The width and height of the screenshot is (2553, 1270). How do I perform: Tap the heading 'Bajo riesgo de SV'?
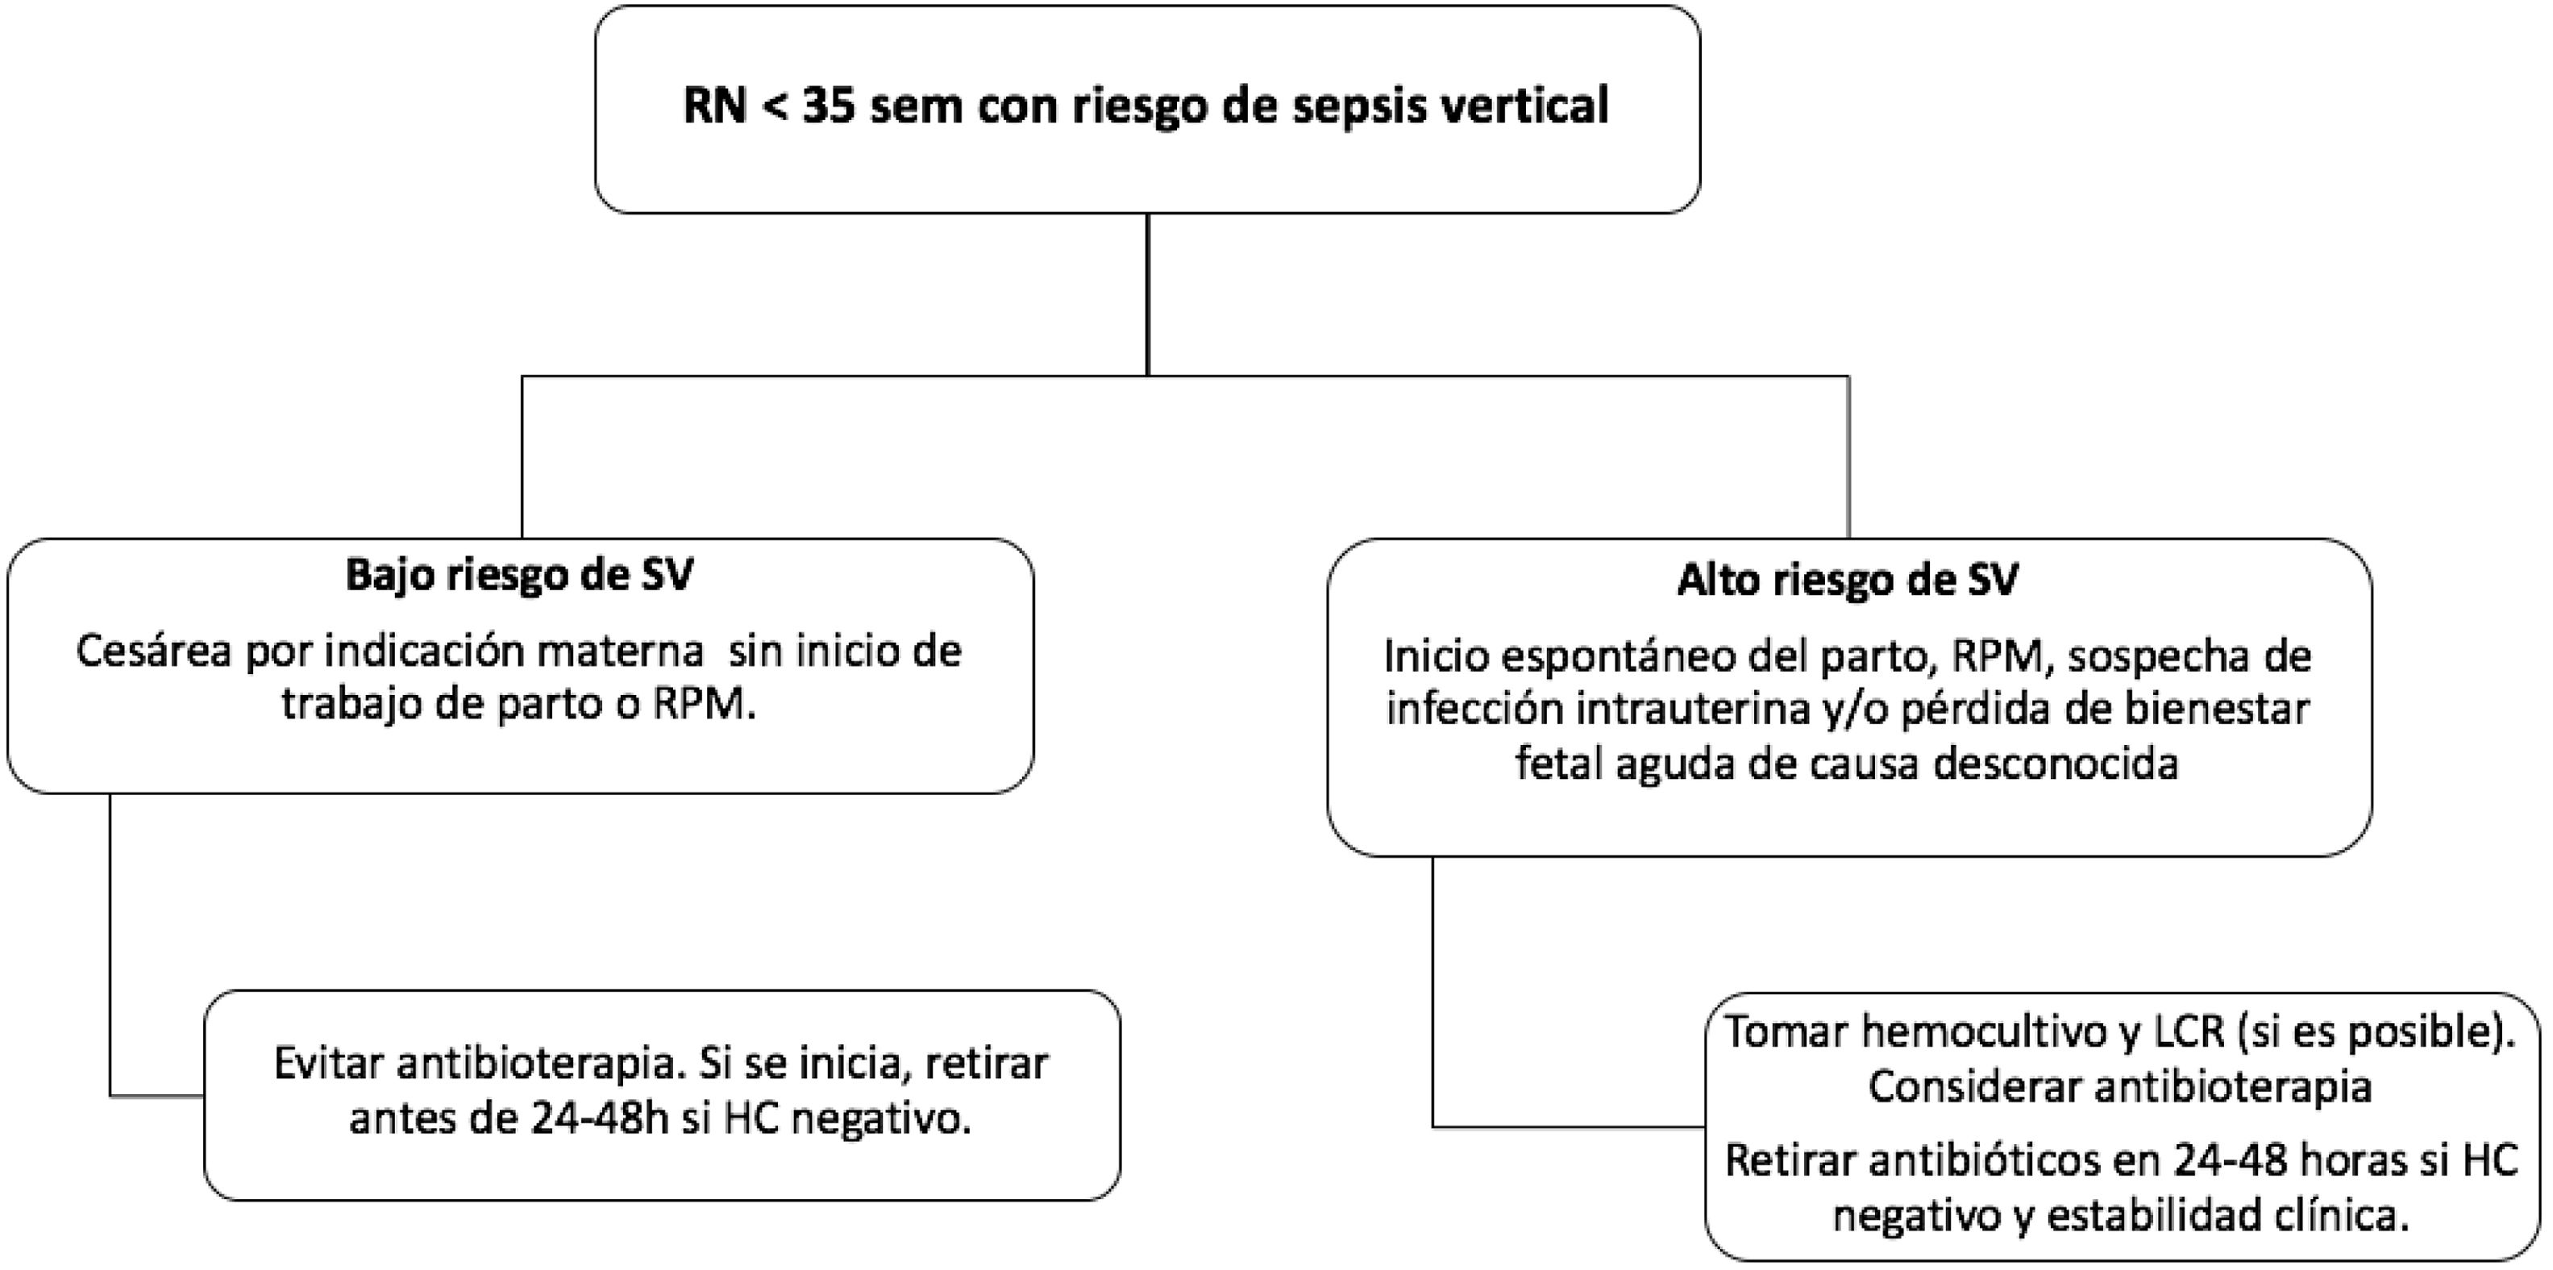pyautogui.click(x=519, y=576)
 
